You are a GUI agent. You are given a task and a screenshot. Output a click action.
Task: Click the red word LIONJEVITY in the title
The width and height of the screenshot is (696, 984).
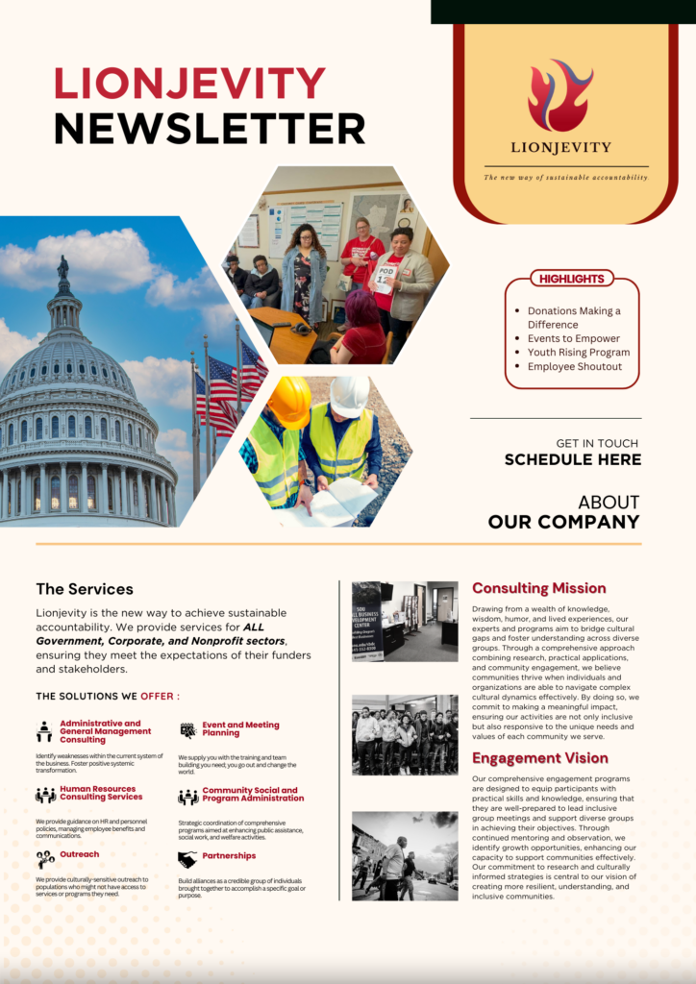190,84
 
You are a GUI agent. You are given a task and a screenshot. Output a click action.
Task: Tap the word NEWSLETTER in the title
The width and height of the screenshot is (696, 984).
210,129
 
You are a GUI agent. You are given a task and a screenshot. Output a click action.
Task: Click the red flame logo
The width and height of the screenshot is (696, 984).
559,95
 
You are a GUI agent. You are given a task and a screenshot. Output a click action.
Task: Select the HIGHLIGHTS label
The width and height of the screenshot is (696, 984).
571,279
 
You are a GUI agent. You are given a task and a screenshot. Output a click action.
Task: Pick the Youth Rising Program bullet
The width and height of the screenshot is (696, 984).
578,353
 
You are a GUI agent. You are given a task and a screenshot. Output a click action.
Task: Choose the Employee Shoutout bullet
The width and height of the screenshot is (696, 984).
574,366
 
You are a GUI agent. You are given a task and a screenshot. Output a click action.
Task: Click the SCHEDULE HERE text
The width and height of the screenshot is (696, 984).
572,459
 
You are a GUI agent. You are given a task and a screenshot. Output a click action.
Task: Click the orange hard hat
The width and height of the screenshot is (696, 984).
288,401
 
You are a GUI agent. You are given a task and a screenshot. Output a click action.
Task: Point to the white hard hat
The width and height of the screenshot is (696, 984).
349,394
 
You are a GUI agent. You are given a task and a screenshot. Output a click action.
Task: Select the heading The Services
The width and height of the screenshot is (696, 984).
85,589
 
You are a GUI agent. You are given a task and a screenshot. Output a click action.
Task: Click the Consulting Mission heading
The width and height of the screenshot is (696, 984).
538,588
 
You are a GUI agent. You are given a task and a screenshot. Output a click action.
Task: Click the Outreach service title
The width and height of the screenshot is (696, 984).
79,854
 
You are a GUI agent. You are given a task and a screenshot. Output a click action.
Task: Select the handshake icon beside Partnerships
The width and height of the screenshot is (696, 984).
186,859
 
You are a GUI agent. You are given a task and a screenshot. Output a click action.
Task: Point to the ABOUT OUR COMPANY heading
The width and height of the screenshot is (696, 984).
563,512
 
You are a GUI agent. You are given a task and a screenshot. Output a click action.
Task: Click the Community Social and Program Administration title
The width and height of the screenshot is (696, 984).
252,795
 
